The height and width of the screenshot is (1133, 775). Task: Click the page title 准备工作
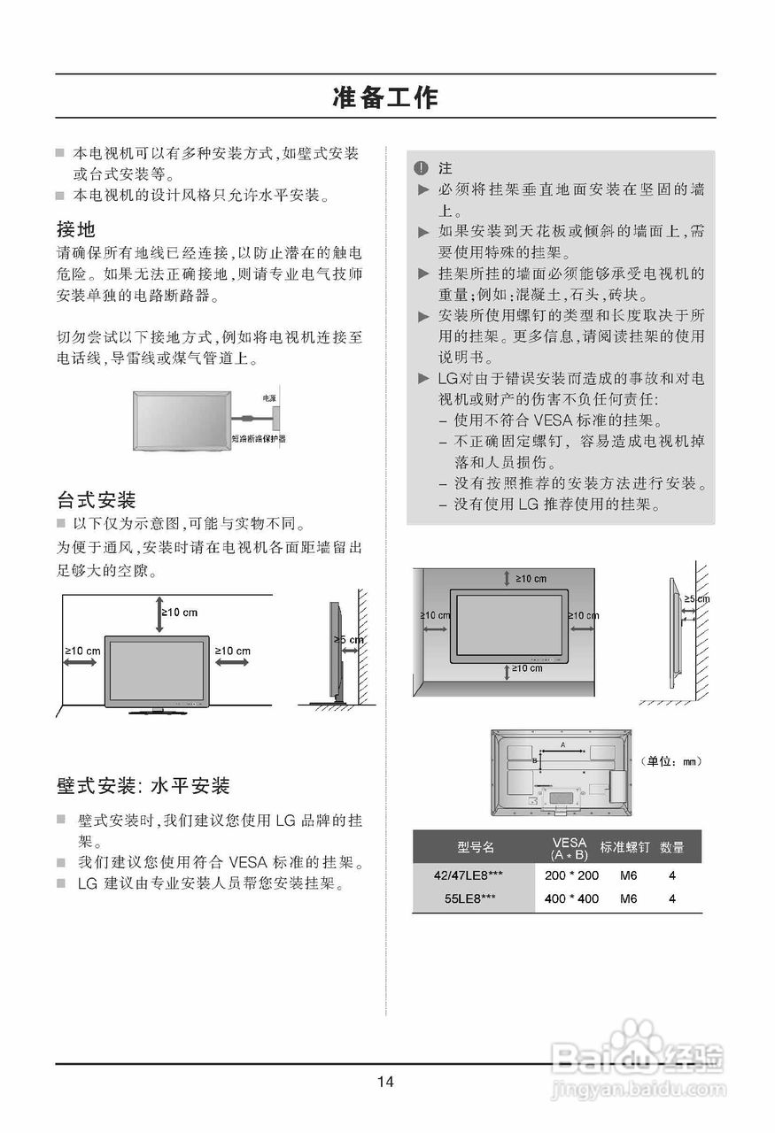(x=385, y=97)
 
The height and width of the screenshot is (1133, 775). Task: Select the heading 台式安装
(x=96, y=500)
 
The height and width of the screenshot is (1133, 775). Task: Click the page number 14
(x=385, y=1081)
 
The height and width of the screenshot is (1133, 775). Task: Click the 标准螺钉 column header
(x=624, y=847)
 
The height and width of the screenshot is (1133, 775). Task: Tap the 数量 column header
(x=672, y=847)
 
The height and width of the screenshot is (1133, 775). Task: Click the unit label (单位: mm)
(x=670, y=761)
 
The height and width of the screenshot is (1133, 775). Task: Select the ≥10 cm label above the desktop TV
(x=179, y=613)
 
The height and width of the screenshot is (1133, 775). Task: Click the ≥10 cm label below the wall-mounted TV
(x=526, y=668)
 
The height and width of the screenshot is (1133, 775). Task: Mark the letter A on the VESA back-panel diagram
(x=563, y=745)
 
